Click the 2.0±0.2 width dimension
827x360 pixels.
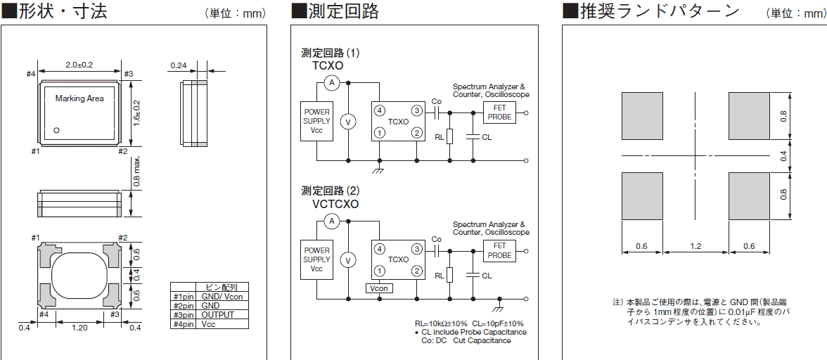point(79,65)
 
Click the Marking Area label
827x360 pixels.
point(79,98)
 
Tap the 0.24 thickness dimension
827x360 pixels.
point(178,66)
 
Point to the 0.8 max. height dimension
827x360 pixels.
point(139,171)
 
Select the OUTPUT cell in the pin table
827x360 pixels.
point(218,315)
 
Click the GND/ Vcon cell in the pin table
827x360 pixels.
point(222,297)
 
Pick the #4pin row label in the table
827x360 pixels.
point(183,324)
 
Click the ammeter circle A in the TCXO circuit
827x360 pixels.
point(333,83)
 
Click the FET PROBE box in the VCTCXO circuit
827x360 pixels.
point(499,250)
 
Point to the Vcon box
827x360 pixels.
point(380,288)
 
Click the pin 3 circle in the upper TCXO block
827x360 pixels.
point(417,111)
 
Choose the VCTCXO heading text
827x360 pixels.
point(335,205)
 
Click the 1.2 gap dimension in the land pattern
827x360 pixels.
point(696,247)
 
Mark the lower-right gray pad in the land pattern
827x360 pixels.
point(750,196)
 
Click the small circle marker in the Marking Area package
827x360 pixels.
point(58,129)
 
